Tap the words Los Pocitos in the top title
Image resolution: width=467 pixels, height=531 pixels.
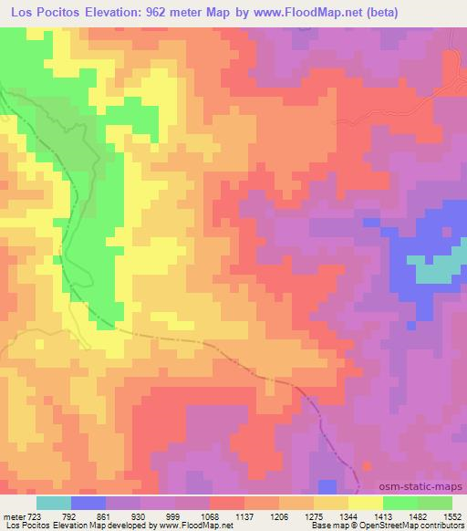(x=43, y=13)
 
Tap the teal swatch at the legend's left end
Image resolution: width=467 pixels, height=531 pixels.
(x=53, y=502)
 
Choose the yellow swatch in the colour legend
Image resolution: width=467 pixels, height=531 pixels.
(x=364, y=502)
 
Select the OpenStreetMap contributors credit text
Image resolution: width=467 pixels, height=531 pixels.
(x=402, y=525)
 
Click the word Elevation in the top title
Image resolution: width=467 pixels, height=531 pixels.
(x=111, y=13)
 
